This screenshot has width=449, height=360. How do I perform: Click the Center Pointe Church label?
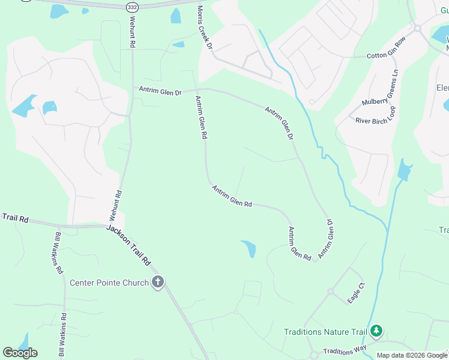tap(109, 283)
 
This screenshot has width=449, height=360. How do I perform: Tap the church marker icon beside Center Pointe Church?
tap(158, 282)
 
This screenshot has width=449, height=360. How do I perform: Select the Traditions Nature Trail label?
tap(326, 331)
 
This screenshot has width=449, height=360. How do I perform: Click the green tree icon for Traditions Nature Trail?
tap(376, 331)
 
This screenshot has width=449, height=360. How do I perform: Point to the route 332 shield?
tap(132, 7)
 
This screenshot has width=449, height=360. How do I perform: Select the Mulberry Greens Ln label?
tap(380, 88)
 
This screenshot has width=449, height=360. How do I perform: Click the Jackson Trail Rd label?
tap(129, 245)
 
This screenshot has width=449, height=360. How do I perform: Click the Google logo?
tap(20, 353)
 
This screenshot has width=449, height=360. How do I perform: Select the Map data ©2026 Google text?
tap(412, 355)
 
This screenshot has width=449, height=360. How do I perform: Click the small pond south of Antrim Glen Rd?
tap(249, 248)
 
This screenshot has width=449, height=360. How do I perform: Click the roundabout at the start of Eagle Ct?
tap(330, 292)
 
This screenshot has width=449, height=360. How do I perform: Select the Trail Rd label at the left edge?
tap(15, 218)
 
